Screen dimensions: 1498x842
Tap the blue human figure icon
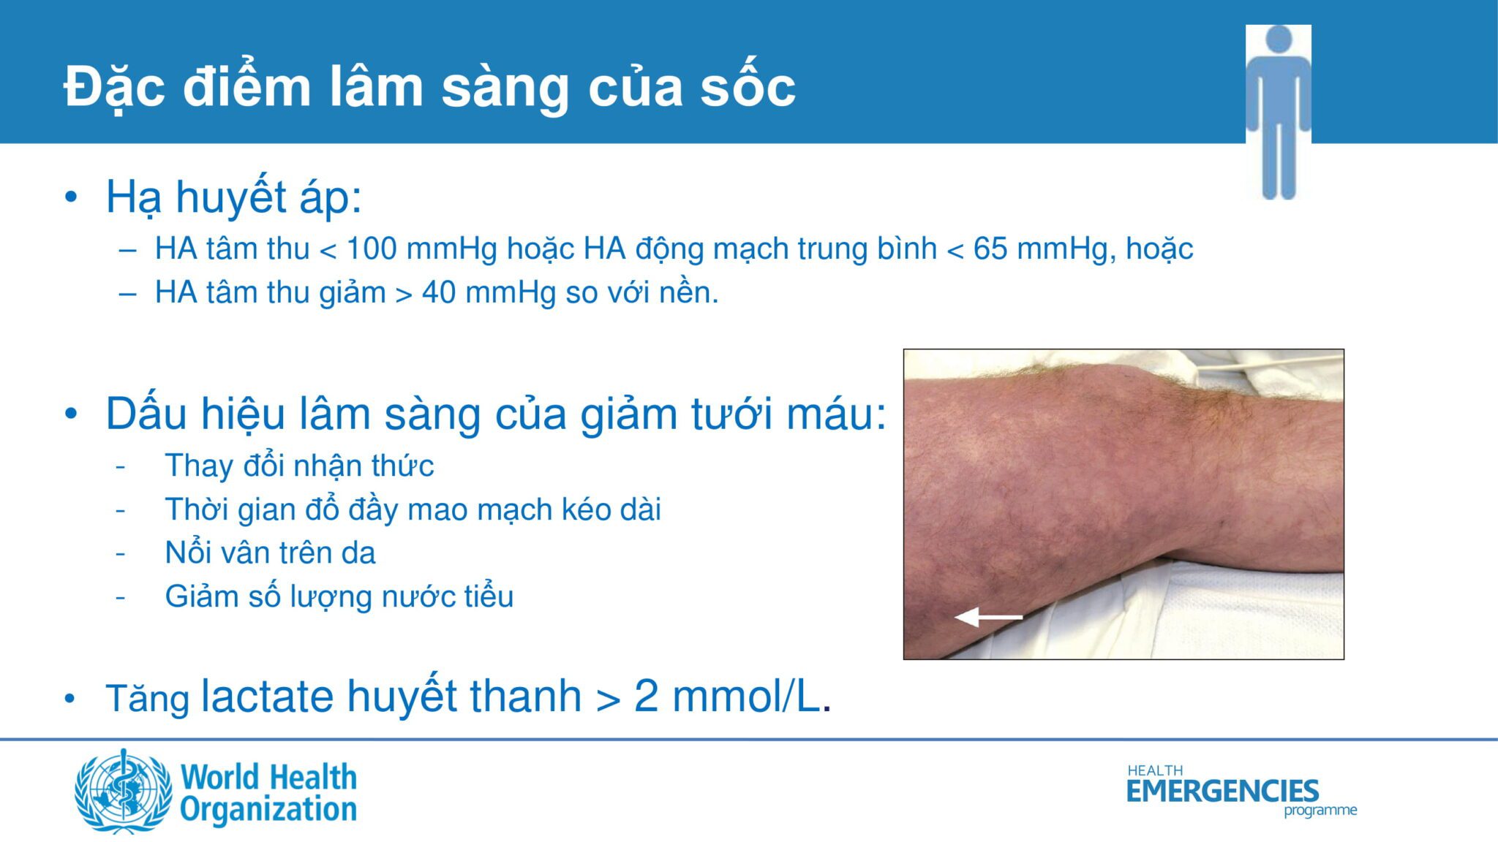(1278, 112)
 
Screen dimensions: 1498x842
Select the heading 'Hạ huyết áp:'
(234, 197)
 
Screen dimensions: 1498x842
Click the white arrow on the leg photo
(989, 618)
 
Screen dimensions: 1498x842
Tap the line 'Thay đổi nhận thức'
(299, 466)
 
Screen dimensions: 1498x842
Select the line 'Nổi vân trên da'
(270, 553)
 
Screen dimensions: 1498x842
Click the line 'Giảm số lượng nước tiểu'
(339, 596)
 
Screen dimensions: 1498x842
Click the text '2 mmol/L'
(727, 696)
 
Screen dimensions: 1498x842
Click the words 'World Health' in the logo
(268, 777)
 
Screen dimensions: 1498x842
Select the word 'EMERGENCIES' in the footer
(1222, 791)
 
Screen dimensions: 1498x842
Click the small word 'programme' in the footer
(1320, 811)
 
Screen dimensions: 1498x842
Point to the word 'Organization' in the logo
(268, 810)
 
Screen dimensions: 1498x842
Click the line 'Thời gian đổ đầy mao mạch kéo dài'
(413, 509)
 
